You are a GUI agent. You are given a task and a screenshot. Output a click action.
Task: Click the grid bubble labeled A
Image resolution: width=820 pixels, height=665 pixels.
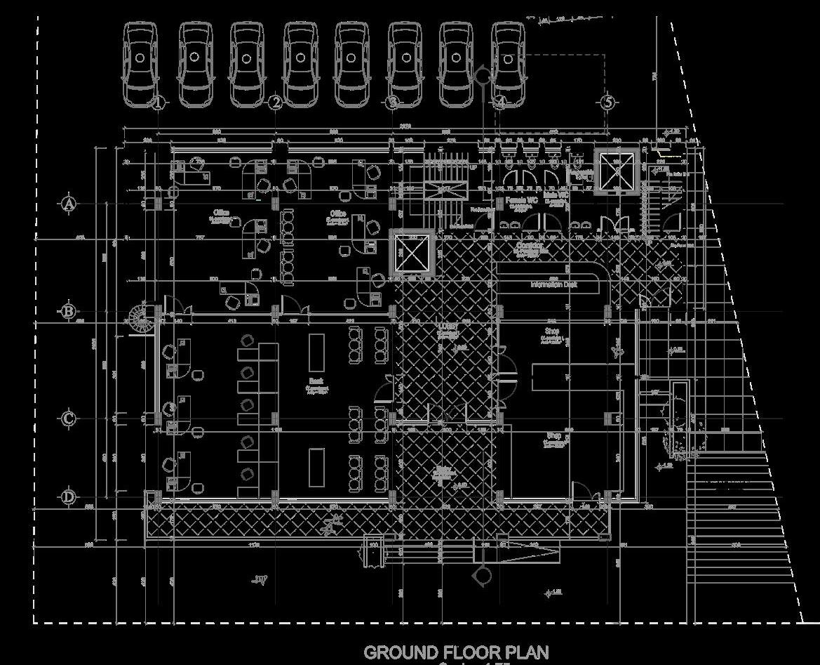pyautogui.click(x=68, y=204)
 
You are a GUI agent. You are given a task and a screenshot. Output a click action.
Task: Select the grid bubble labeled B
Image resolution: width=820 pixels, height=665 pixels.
pyautogui.click(x=68, y=311)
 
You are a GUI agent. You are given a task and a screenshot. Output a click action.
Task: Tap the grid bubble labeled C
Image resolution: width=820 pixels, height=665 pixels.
pyautogui.click(x=68, y=419)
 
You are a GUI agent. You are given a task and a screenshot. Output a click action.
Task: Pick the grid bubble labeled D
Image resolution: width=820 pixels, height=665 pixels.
pyautogui.click(x=68, y=497)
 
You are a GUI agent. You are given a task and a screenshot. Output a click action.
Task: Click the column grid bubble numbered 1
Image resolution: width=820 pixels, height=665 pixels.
pyautogui.click(x=158, y=103)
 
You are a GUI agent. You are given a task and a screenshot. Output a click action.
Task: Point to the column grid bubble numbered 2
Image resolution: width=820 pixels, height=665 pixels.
pyautogui.click(x=276, y=103)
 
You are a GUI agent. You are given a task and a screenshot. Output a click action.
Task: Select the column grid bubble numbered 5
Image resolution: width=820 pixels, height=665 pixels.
pyautogui.click(x=608, y=103)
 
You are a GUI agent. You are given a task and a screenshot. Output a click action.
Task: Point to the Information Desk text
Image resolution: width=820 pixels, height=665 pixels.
pyautogui.click(x=554, y=285)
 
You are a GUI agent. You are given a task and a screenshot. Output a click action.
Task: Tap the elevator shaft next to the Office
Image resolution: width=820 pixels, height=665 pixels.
pyautogui.click(x=412, y=253)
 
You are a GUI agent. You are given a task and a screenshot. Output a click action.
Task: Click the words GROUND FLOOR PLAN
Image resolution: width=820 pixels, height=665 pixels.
pyautogui.click(x=456, y=652)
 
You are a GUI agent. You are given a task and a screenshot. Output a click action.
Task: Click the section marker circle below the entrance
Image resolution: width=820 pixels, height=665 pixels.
pyautogui.click(x=482, y=576)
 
